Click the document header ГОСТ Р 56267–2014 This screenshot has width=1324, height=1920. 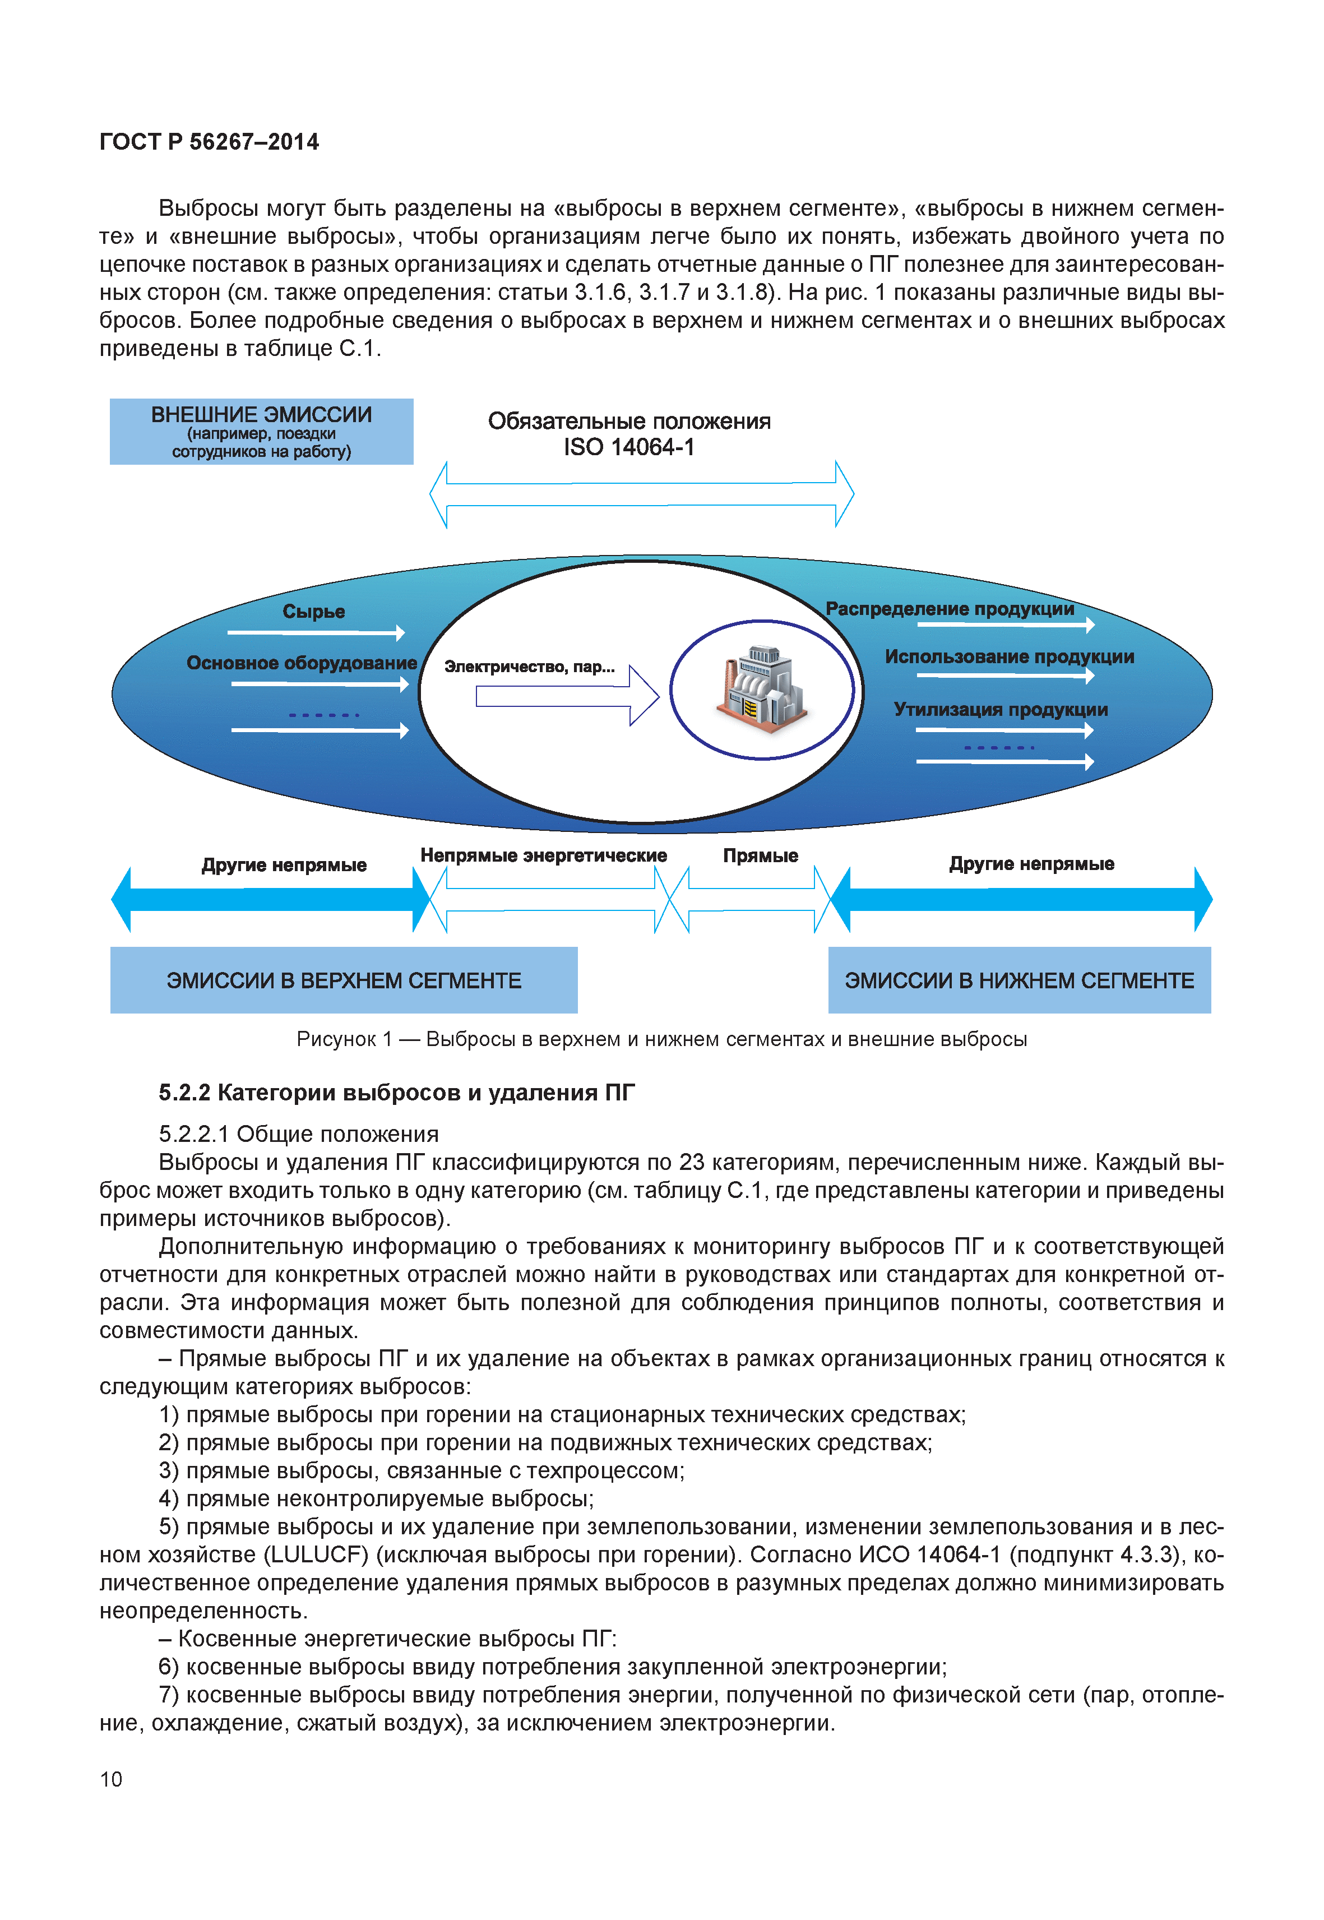pos(209,142)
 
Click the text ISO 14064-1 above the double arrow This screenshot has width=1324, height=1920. pos(629,447)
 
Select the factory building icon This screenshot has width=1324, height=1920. pos(761,689)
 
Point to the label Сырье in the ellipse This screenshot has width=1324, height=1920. pos(313,612)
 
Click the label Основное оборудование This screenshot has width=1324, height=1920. pos(301,663)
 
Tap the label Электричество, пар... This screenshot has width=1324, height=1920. pos(529,667)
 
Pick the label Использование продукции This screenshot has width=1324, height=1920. pos(1009,656)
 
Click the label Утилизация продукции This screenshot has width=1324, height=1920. pos(1001,710)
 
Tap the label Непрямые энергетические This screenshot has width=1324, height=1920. pos(543,855)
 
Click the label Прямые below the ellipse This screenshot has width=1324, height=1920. pos(760,855)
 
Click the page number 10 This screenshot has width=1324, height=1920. pos(111,1779)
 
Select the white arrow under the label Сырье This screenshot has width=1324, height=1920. pos(315,633)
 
